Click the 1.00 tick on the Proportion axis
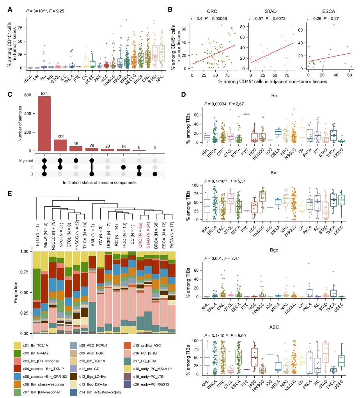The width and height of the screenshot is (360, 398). click(24, 251)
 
